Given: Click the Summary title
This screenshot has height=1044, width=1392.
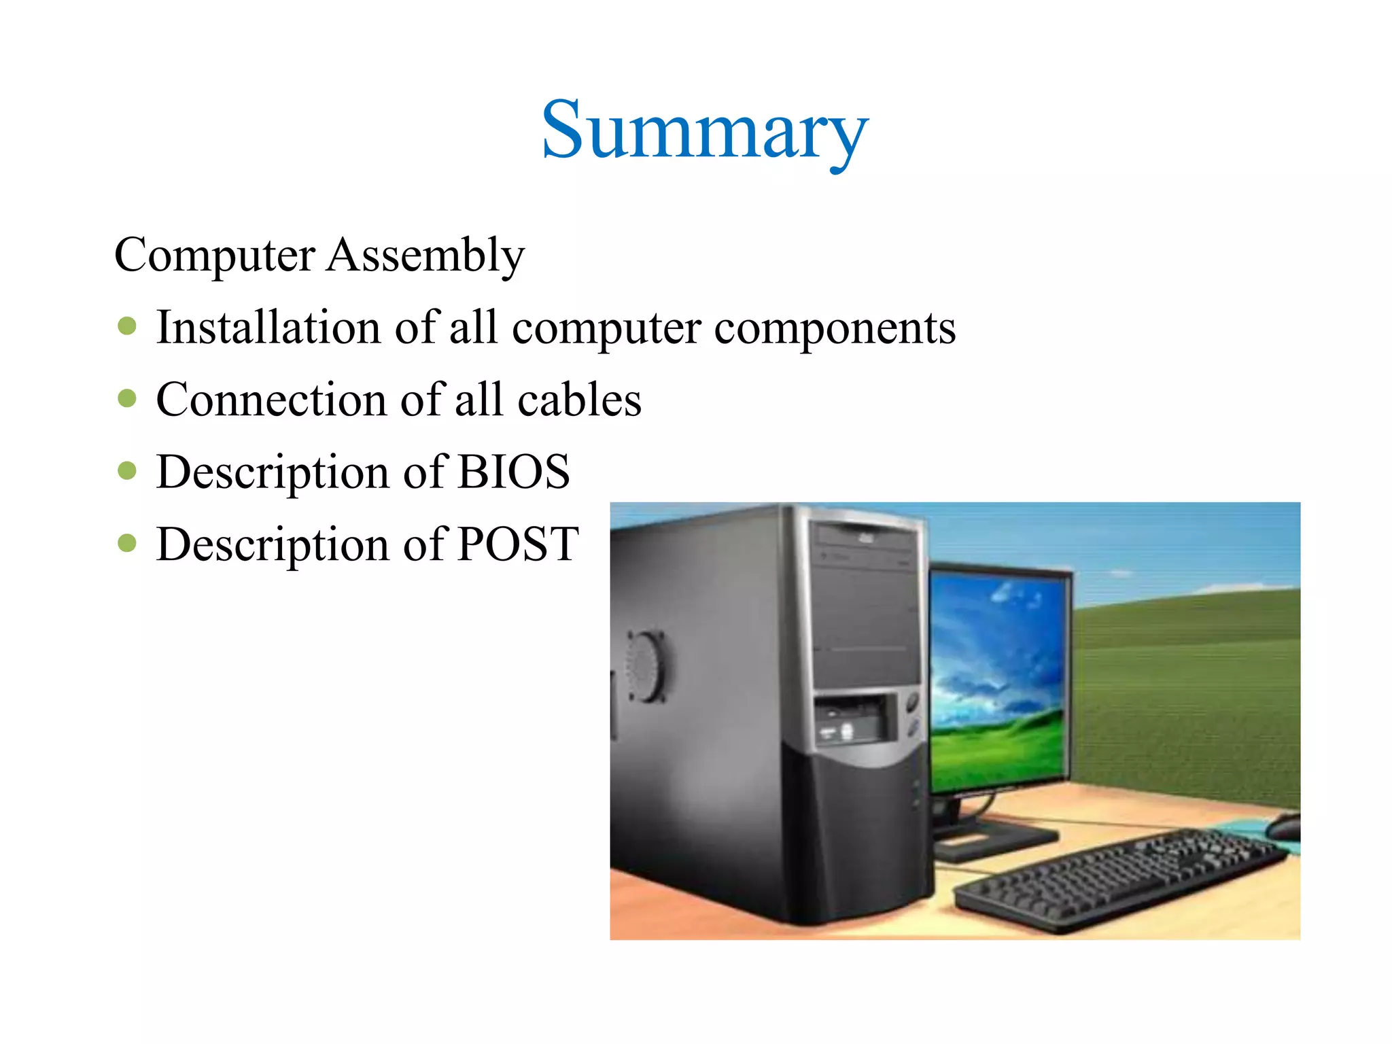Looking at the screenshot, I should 704,130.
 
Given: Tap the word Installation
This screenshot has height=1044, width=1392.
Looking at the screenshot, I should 268,328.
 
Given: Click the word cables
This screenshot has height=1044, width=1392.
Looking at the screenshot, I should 579,400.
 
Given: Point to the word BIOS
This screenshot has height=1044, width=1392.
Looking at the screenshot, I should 513,472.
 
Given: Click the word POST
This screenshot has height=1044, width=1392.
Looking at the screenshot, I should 518,544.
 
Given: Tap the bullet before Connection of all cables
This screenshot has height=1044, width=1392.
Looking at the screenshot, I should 127,398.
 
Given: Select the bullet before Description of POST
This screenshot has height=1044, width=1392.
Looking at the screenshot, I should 127,542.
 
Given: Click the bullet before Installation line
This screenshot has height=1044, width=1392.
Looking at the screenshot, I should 127,326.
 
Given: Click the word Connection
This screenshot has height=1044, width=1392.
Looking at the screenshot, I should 272,400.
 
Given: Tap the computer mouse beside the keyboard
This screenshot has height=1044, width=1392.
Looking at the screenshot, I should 1283,826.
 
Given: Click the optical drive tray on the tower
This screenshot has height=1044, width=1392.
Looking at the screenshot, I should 865,537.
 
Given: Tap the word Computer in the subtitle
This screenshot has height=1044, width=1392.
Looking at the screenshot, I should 215,256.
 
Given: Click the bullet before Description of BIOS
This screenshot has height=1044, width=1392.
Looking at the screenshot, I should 127,470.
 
